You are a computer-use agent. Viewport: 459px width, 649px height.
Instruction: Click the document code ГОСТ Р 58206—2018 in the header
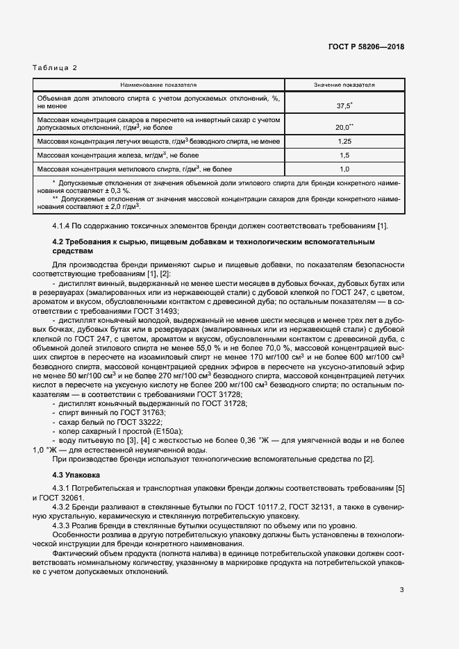click(365, 47)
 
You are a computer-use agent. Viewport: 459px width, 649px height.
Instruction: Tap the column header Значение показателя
click(344, 85)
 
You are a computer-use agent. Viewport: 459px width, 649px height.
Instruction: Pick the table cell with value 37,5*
click(344, 106)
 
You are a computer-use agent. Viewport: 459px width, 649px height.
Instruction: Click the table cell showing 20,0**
click(344, 127)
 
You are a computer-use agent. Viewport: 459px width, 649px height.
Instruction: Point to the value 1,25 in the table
click(344, 142)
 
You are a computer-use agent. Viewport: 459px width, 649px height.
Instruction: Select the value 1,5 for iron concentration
click(344, 155)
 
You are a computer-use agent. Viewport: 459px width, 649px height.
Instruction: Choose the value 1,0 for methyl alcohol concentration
click(344, 169)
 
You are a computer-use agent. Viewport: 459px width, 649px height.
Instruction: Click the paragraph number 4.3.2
click(63, 507)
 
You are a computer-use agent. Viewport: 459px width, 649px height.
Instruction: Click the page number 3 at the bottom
click(401, 590)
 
